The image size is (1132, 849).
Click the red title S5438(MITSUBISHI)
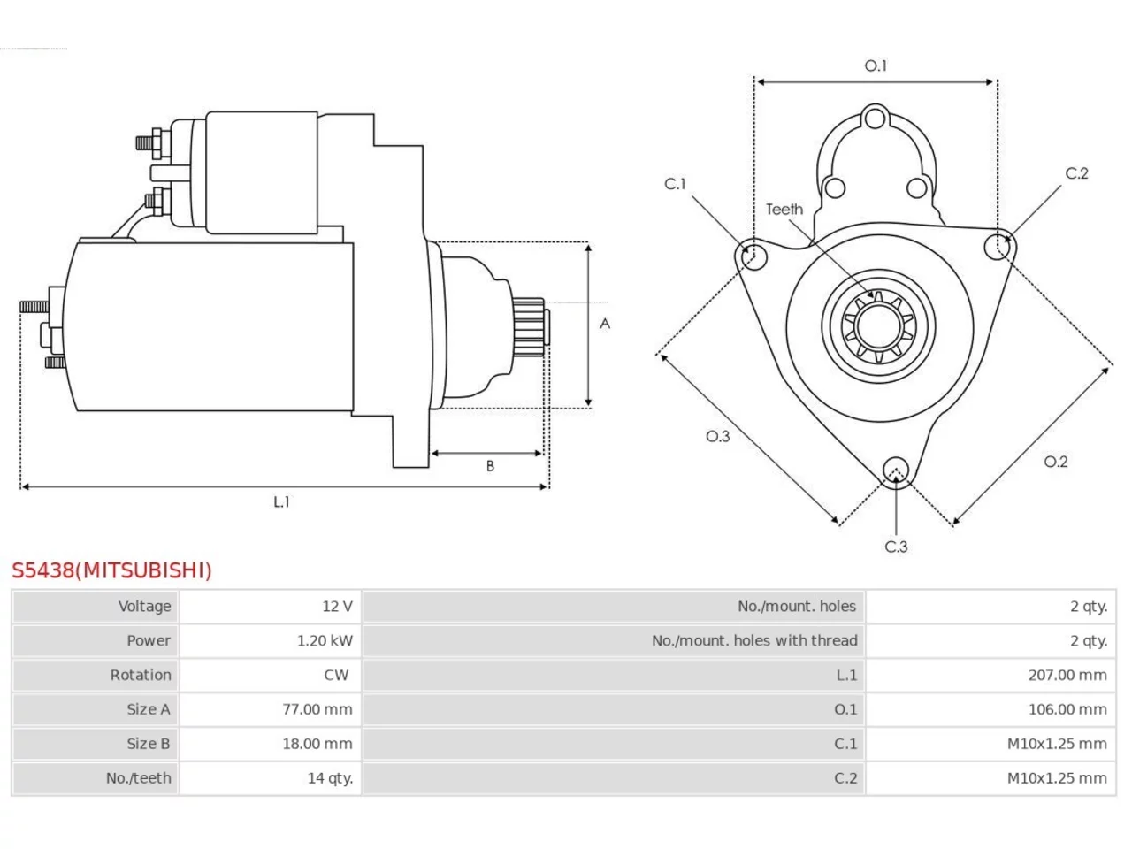[x=111, y=570]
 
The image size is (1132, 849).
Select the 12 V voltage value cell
[x=337, y=606]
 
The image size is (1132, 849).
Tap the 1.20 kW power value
[x=325, y=641]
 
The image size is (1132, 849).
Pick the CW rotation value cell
[x=336, y=676]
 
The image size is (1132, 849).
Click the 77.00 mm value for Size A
[x=317, y=709]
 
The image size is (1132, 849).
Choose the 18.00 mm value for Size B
[x=317, y=744]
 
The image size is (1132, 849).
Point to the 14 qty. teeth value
[x=330, y=778]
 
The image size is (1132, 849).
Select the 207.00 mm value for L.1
[x=1067, y=676]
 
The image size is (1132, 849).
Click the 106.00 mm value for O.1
[x=1067, y=709]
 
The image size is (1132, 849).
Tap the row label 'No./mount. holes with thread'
[x=754, y=641]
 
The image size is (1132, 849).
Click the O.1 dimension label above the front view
[x=876, y=65]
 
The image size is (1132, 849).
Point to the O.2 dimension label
[x=1056, y=462]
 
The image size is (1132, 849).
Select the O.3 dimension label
[x=718, y=437]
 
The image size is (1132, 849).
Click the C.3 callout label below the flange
[x=897, y=547]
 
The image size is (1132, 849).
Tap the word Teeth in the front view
[x=784, y=210]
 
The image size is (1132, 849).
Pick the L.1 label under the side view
[x=281, y=501]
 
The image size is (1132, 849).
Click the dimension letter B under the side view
[x=490, y=466]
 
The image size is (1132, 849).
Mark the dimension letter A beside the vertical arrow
[x=605, y=324]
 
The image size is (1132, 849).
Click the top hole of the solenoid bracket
[x=875, y=119]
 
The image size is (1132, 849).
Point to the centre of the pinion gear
[x=878, y=325]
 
